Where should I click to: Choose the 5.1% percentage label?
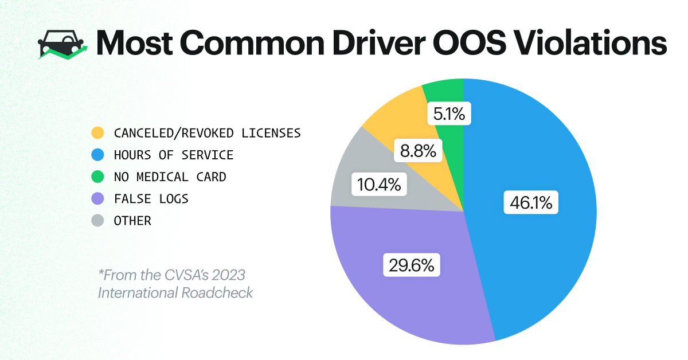(450, 115)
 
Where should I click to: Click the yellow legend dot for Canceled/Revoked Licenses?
(98, 134)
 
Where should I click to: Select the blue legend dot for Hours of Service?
(98, 155)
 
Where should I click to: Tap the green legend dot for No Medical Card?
(98, 177)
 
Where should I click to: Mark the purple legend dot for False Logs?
(98, 199)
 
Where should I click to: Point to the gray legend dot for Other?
(98, 221)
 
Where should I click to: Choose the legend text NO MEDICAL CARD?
(170, 177)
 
